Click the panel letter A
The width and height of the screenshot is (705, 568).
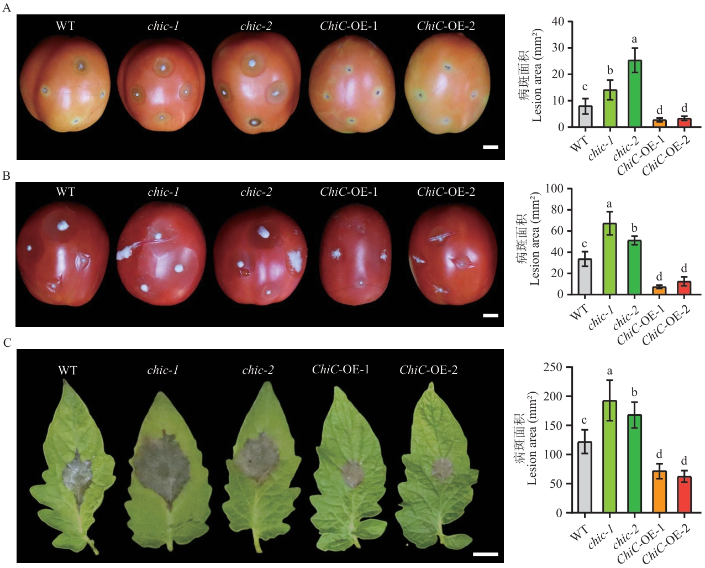coord(7,8)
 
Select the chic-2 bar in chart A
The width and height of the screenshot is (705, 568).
coord(634,93)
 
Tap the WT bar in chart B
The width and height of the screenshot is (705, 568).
coord(585,277)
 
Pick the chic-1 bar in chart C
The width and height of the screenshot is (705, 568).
coord(609,457)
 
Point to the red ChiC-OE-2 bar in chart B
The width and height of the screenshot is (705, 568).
coord(684,288)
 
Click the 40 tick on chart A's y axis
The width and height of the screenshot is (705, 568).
coord(557,22)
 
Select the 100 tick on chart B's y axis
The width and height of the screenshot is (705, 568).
coord(554,189)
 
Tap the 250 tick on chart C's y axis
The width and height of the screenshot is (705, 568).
coord(553,367)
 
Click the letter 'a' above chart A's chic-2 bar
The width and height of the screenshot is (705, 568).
coord(634,39)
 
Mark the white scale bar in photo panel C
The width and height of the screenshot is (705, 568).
coord(486,554)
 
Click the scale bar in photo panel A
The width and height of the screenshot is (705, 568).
coord(491,147)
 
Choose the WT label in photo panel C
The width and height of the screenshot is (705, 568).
coord(67,370)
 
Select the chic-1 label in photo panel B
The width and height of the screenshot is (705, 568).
coord(164,192)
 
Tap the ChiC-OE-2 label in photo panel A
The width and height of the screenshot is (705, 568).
coord(446,26)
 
